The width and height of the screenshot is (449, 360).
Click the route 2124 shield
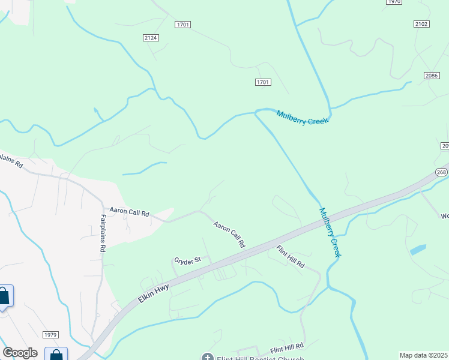click(151, 38)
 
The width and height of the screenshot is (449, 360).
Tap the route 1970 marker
click(394, 2)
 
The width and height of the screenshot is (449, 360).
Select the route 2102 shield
click(421, 24)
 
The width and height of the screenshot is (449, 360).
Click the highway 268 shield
click(441, 172)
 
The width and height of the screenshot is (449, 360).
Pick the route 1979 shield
click(51, 334)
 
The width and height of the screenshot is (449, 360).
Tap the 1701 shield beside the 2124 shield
click(183, 25)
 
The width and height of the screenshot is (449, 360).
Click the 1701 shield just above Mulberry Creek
click(262, 82)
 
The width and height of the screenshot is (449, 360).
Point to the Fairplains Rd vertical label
click(103, 232)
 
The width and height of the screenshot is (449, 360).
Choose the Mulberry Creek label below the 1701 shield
click(303, 117)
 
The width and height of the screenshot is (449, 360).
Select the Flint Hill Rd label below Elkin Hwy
click(291, 256)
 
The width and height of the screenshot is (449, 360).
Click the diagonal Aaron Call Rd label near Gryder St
click(229, 234)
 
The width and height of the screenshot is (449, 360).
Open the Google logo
click(20, 353)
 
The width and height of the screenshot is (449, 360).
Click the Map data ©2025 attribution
click(423, 355)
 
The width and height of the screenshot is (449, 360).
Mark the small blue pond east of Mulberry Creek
click(418, 250)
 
